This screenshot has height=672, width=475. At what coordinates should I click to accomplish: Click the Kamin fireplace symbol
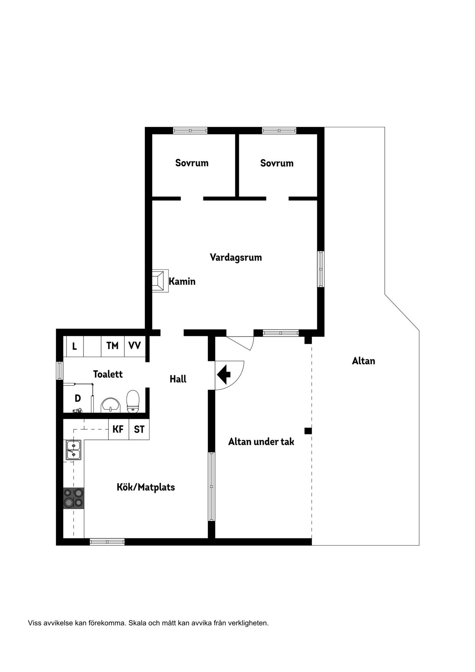[x=160, y=281]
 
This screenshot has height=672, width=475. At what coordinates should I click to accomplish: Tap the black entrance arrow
[x=224, y=374]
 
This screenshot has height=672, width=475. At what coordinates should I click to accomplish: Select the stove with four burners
[x=74, y=498]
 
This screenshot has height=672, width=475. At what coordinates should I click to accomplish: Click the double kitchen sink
[x=74, y=450]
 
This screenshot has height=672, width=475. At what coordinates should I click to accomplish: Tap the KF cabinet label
[x=118, y=429]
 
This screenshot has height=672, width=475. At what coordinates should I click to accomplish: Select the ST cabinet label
[x=139, y=429]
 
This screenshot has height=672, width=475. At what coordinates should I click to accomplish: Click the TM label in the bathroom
[x=112, y=346]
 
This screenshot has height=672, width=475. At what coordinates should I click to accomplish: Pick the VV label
[x=134, y=346]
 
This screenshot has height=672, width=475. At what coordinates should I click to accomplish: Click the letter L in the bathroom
[x=74, y=347]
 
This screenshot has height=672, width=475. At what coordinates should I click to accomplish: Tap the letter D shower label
[x=78, y=398]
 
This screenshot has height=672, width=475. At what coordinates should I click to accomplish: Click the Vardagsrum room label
[x=236, y=257]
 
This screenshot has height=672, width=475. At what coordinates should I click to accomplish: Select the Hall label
[x=178, y=379]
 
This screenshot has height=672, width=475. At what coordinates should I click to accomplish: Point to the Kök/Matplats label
[x=146, y=487]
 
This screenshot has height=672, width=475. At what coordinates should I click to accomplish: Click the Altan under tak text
[x=261, y=442]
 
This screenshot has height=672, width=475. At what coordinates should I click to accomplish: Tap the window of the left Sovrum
[x=190, y=131]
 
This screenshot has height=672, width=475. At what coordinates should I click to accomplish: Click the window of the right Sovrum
[x=279, y=131]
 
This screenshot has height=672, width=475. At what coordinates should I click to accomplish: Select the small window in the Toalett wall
[x=59, y=370]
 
